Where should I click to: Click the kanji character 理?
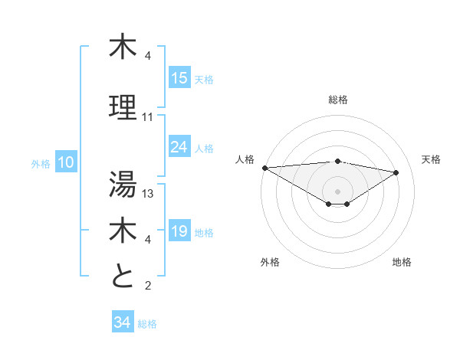123,107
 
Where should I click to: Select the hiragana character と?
123,276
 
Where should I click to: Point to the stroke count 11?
148,117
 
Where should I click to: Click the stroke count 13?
148,194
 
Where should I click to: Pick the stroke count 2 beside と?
148,286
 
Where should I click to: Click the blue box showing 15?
179,78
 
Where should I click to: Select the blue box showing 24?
179,147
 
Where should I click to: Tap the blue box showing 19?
179,231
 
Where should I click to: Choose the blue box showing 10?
66,162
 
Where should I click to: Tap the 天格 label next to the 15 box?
204,79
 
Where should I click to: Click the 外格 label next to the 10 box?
41,163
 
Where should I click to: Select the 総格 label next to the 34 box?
147,323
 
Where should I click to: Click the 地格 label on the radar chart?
402,262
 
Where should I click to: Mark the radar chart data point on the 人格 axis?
264,168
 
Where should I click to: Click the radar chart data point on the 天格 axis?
396,172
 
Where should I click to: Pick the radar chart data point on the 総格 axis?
337,161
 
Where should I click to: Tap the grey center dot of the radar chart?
337,190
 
